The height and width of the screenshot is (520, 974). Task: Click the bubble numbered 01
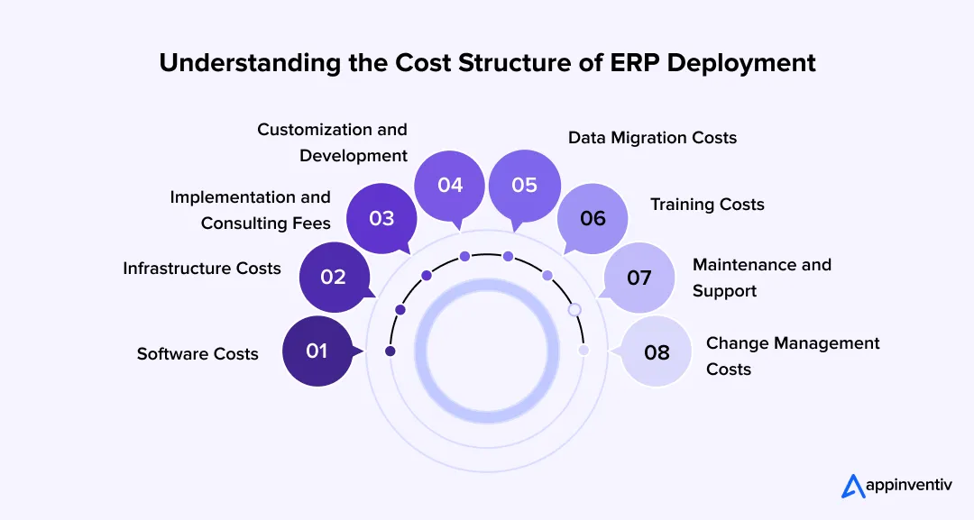[x=317, y=351]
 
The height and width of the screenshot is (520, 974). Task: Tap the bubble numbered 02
[x=334, y=277]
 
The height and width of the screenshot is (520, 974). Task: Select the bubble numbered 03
[x=381, y=218]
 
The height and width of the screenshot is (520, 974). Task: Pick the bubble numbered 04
[x=450, y=185]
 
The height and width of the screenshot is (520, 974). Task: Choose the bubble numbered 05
[x=524, y=185]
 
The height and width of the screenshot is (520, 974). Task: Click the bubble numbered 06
[x=593, y=218]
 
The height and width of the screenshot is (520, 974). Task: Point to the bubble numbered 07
[x=639, y=277]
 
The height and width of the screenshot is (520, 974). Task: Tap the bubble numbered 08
[x=657, y=351]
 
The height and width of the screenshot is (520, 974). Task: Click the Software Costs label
[x=198, y=354]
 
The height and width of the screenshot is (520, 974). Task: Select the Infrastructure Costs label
[x=202, y=268]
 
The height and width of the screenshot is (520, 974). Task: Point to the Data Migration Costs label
[x=652, y=138]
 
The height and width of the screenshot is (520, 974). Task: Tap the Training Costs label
[x=707, y=205]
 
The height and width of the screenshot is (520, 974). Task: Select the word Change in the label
[x=738, y=343]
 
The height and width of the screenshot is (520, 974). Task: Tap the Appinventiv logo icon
[x=853, y=486]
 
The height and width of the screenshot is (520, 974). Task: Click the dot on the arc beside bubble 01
[x=391, y=351]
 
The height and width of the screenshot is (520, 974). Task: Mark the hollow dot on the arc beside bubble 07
[x=574, y=309]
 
